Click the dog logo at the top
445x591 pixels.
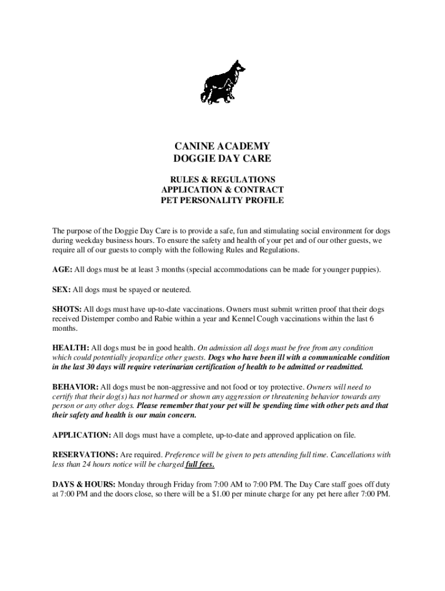[222, 82]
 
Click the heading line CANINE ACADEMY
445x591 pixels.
[222, 146]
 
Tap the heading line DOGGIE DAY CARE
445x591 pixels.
[222, 158]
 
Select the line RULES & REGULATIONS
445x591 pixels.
[222, 179]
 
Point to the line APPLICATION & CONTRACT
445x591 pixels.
[222, 190]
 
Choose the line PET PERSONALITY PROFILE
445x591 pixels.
[222, 200]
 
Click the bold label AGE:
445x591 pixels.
[62, 270]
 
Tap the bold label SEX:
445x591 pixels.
[62, 289]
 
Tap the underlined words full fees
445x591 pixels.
[200, 465]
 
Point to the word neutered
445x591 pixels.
[176, 289]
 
